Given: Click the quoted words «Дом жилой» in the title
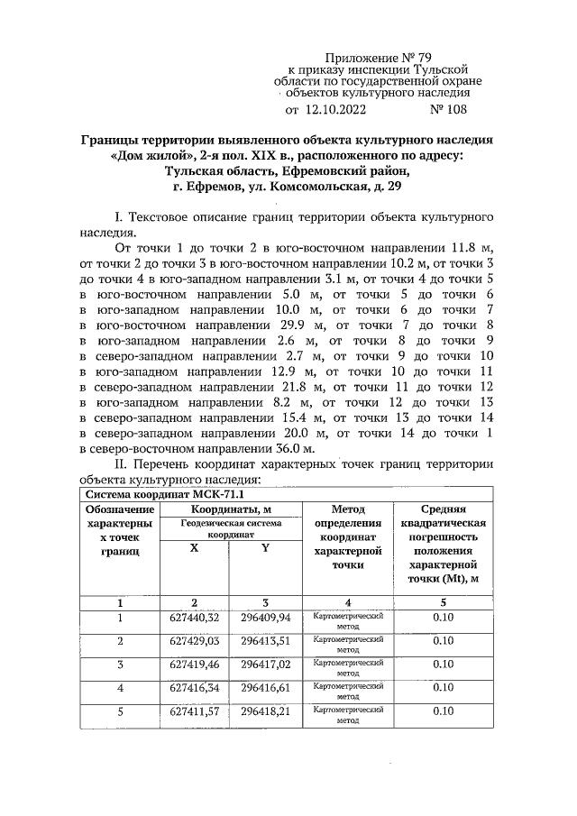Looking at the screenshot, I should click(150, 156).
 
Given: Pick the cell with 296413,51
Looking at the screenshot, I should click(265, 641).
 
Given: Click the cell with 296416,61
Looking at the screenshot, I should click(265, 688).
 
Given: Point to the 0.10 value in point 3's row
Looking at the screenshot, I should click(442, 665).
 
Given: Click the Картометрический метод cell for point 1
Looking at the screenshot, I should click(348, 618).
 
